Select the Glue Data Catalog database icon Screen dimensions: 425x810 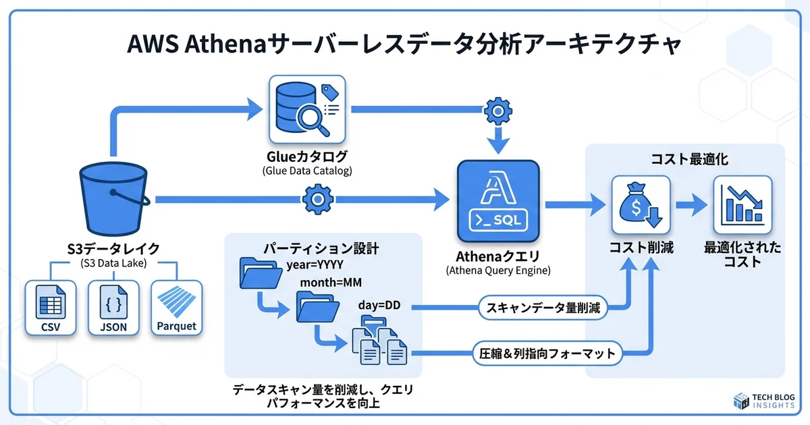(306, 109)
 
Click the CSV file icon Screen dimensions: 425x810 (51, 308)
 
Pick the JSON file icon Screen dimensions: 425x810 (113, 308)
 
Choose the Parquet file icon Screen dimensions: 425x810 (176, 308)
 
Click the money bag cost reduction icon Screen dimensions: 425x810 (640, 204)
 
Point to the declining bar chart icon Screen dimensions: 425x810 (742, 204)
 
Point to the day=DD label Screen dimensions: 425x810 (379, 305)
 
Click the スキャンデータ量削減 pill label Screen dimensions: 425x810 (543, 308)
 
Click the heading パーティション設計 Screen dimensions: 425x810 (323, 248)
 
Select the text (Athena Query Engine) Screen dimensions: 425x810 (498, 271)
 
